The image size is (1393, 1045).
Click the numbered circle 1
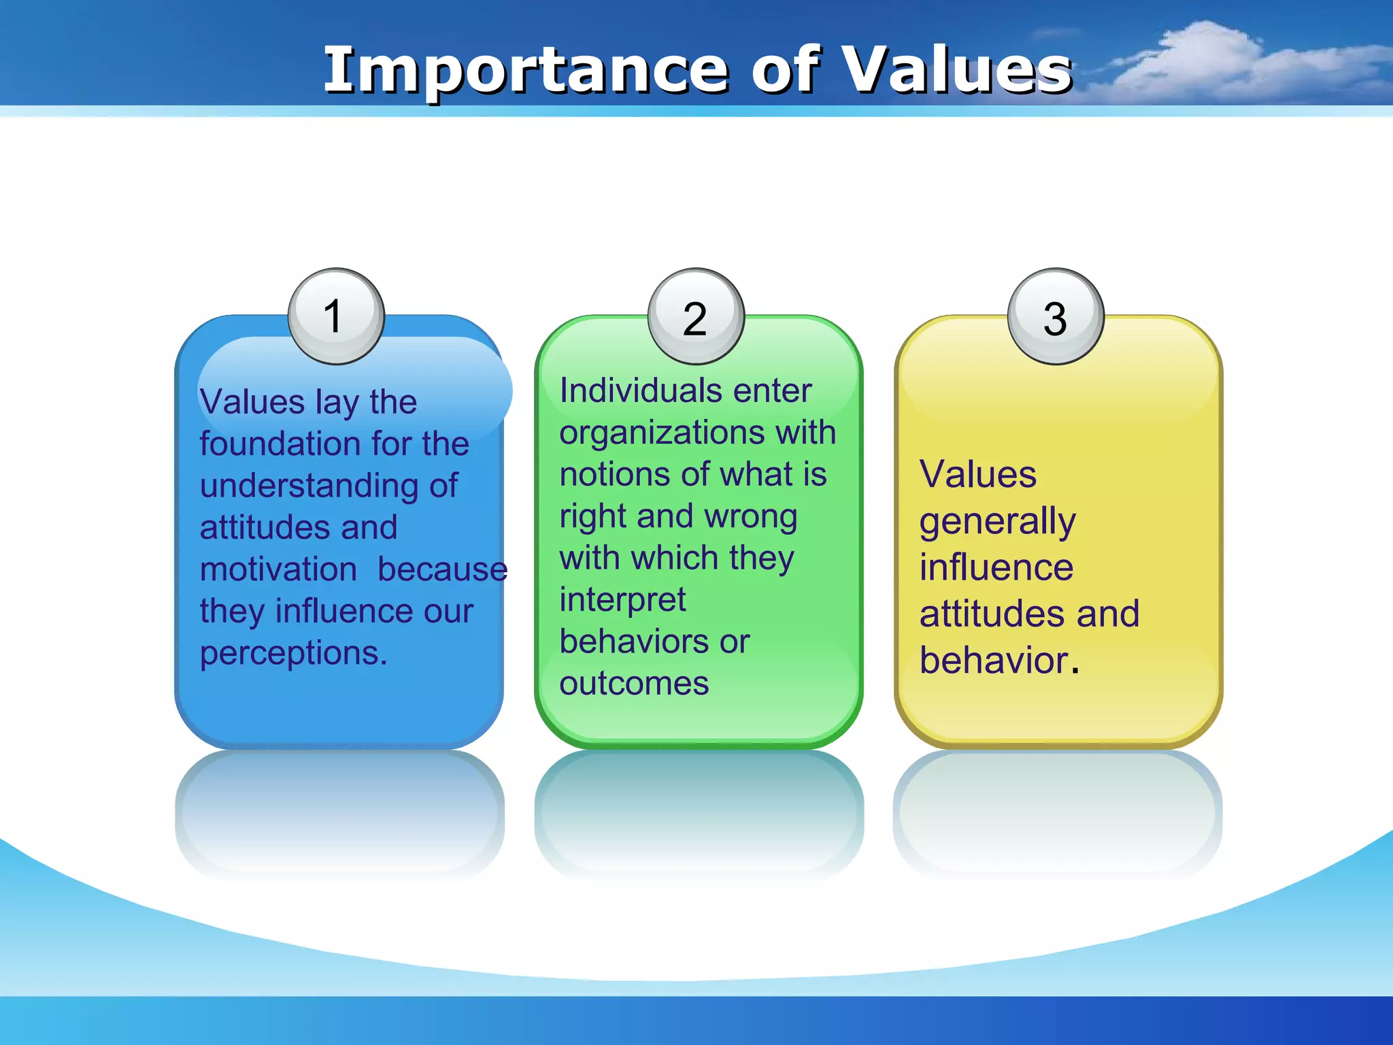click(x=336, y=316)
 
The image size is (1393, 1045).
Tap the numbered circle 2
click(x=696, y=316)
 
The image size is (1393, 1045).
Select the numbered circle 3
click(x=1055, y=316)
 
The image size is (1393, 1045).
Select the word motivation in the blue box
click(x=278, y=569)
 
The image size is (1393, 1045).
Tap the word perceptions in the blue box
click(x=292, y=654)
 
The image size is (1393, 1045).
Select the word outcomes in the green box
click(x=634, y=684)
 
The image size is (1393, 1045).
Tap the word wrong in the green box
click(x=751, y=517)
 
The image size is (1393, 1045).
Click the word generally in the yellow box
click(x=997, y=522)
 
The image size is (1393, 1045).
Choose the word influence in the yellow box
click(x=996, y=567)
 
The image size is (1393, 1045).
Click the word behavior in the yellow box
click(x=994, y=661)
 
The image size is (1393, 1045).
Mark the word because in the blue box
click(x=442, y=569)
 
